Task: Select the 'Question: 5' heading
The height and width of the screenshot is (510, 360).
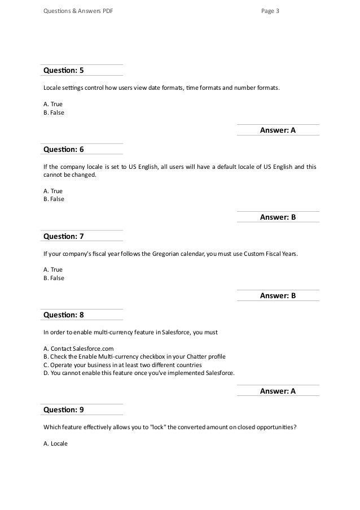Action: [x=64, y=71]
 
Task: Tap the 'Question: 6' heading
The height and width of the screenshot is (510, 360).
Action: [x=64, y=150]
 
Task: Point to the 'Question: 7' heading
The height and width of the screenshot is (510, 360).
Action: [x=64, y=236]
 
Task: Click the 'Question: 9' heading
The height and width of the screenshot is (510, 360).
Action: [x=64, y=409]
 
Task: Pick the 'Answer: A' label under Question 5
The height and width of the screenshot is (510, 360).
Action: [x=278, y=130]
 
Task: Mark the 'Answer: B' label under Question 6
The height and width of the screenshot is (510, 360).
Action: [x=278, y=217]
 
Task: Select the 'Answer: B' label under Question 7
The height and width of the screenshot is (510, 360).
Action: [x=278, y=296]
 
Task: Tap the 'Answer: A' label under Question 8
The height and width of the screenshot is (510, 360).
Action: [x=278, y=391]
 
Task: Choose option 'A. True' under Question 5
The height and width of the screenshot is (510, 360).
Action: [x=53, y=104]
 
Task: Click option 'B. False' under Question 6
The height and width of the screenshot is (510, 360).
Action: [x=54, y=199]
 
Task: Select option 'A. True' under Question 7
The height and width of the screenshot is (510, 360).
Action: [x=53, y=270]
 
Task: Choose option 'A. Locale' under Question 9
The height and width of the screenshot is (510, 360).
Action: [x=55, y=443]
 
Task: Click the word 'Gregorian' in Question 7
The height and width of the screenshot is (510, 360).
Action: [x=167, y=254]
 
